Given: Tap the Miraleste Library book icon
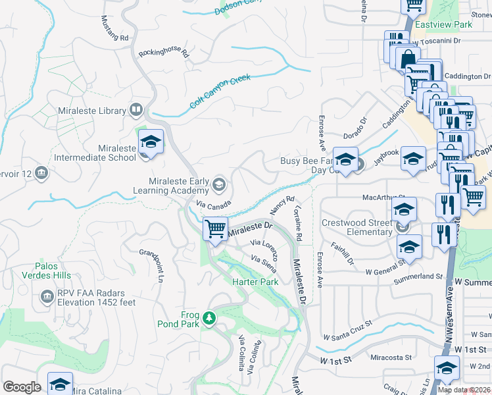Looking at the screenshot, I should (x=136, y=109).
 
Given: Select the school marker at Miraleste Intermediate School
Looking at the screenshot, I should (x=151, y=142).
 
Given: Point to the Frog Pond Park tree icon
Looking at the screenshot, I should (x=209, y=319).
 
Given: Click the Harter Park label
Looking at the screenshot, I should (x=255, y=282).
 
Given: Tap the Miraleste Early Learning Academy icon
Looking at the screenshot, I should (x=219, y=183).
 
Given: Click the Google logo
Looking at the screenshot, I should (x=22, y=387).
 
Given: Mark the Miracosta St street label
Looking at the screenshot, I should (x=391, y=358).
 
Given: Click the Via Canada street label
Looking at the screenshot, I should (x=213, y=204).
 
